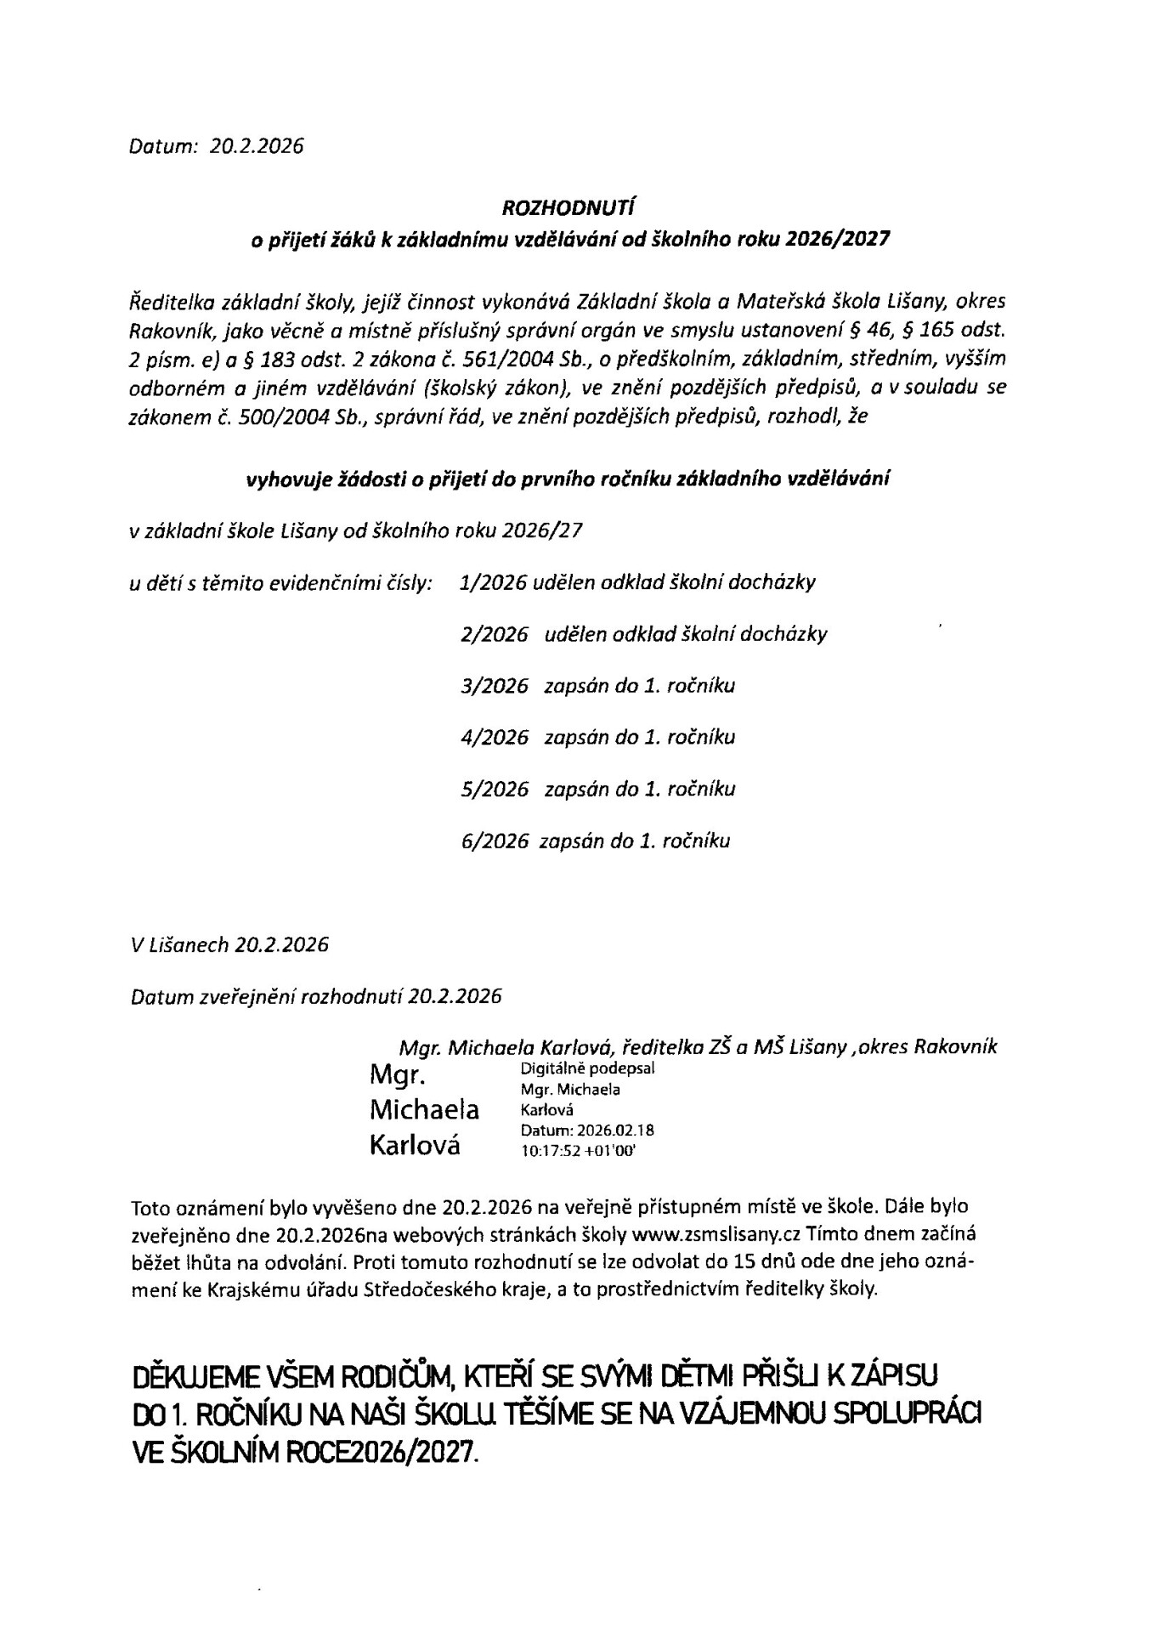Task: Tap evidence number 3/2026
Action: (494, 686)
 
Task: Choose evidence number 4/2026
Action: (494, 737)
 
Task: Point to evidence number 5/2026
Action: (494, 789)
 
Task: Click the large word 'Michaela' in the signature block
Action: (424, 1110)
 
